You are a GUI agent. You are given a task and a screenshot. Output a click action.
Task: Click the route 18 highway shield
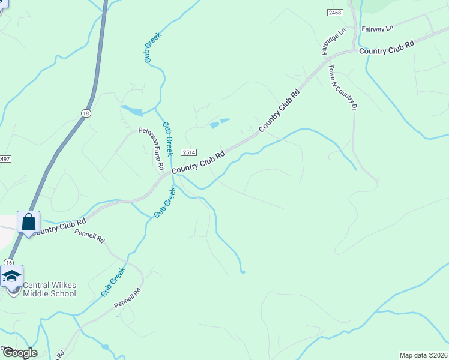pos(86,113)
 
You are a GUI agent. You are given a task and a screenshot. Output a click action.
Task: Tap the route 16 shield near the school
pos(8,262)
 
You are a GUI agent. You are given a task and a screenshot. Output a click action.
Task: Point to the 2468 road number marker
pos(335,13)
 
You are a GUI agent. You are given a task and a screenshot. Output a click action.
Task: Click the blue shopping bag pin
pos(28,222)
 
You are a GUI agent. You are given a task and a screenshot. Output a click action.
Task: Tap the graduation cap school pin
pos(11,275)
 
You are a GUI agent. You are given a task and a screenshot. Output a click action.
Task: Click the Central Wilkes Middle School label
pos(50,289)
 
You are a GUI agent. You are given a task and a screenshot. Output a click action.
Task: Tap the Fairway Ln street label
pos(377,28)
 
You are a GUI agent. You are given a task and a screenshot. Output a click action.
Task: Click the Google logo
pos(19,353)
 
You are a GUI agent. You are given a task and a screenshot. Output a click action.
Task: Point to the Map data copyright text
pos(423,355)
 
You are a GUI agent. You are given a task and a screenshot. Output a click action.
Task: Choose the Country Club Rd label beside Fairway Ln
pos(387,48)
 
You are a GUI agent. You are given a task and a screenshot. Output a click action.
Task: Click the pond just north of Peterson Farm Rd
pos(132,110)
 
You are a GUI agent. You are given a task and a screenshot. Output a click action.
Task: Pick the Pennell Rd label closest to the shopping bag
pos(89,235)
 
